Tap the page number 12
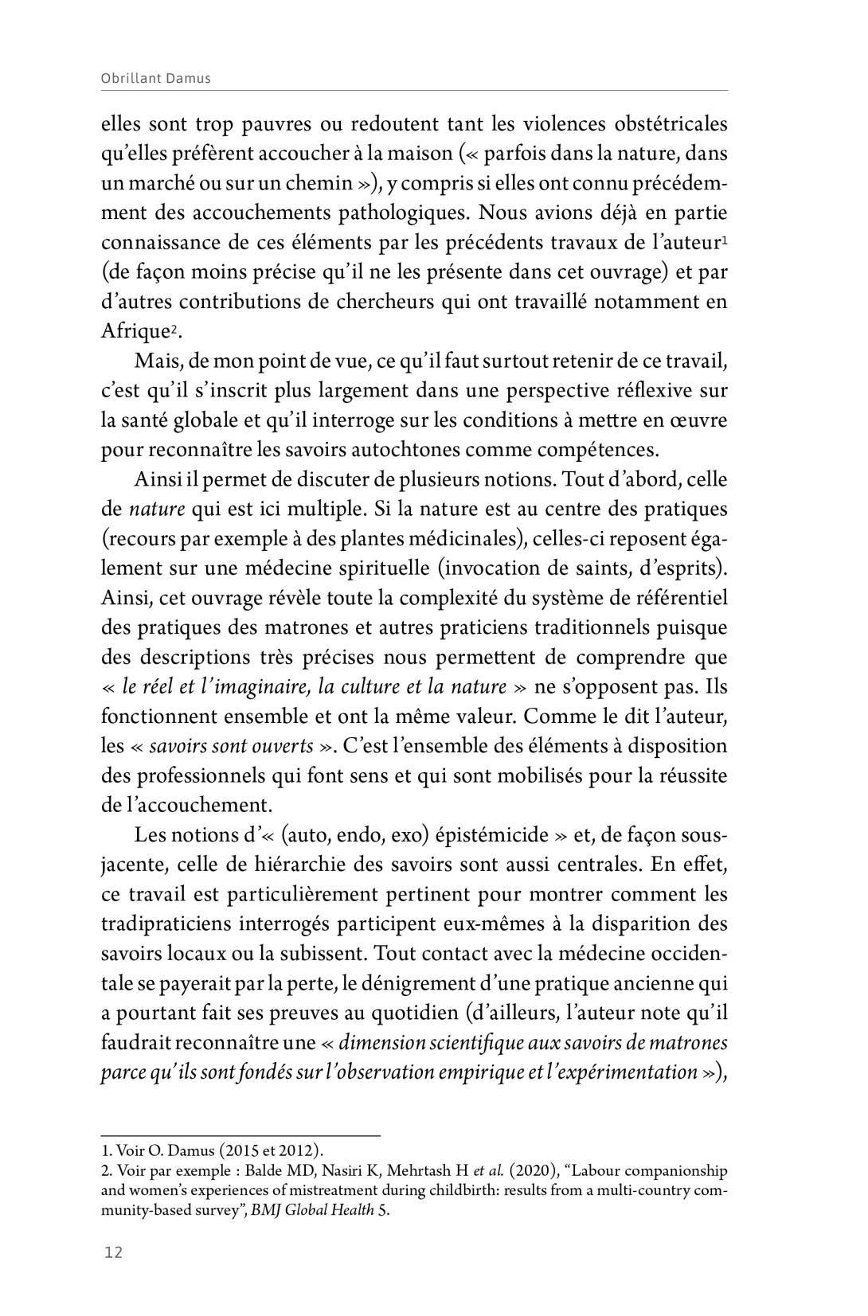[x=113, y=1252]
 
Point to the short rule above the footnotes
[x=240, y=1134]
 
